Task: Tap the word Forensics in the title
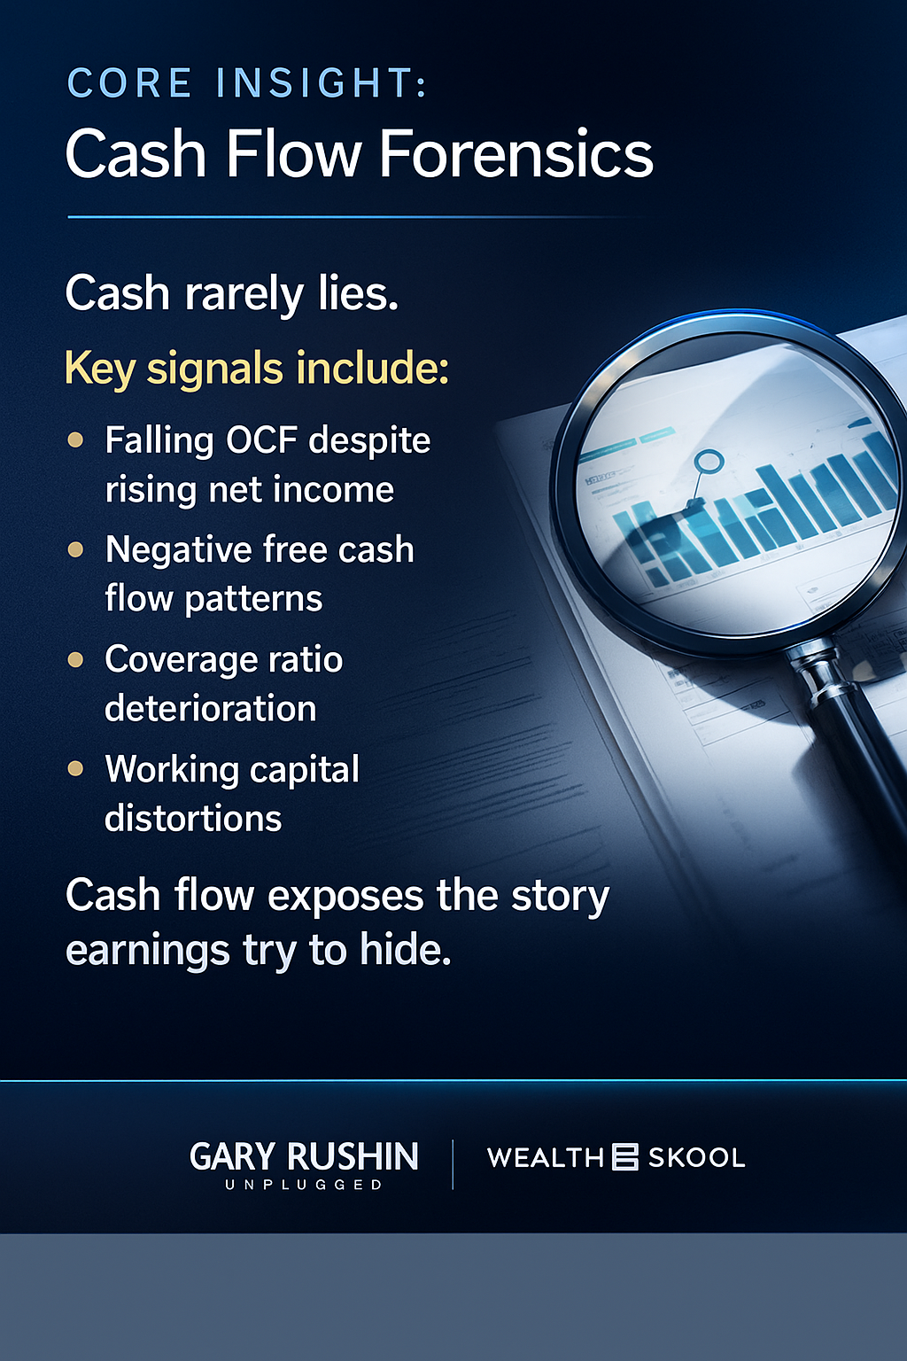pyautogui.click(x=516, y=154)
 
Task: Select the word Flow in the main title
pyautogui.click(x=293, y=154)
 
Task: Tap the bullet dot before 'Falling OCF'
pyautogui.click(x=76, y=439)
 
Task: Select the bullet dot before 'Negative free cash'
pyautogui.click(x=76, y=549)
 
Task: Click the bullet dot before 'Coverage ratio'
pyautogui.click(x=76, y=659)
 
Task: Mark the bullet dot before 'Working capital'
pyautogui.click(x=76, y=769)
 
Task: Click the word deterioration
pyautogui.click(x=211, y=709)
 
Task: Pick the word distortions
pyautogui.click(x=193, y=819)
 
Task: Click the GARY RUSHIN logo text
pyautogui.click(x=304, y=1156)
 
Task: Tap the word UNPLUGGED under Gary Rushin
pyautogui.click(x=304, y=1185)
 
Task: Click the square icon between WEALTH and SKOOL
pyautogui.click(x=625, y=1157)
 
